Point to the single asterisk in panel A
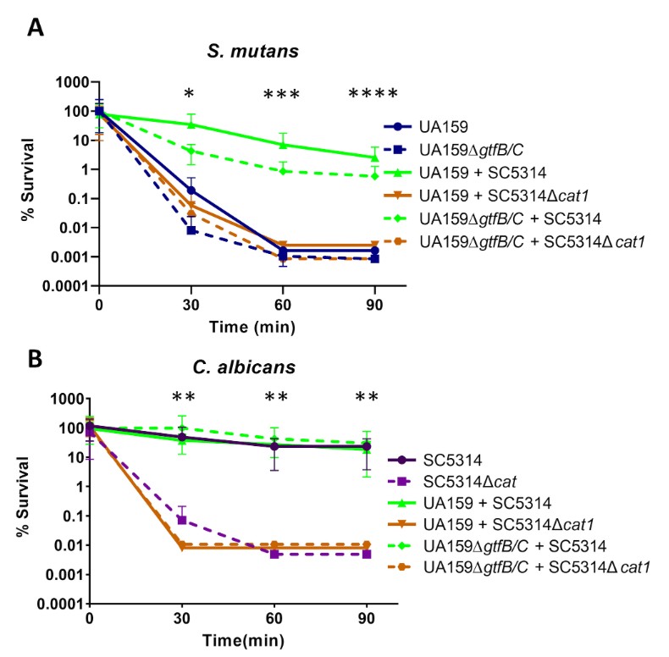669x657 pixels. point(191,93)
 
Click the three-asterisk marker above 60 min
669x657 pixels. point(282,93)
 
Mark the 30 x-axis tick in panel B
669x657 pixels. point(182,617)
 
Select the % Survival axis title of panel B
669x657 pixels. point(30,501)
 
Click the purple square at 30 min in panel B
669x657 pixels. point(182,519)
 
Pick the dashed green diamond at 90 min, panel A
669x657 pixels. point(374,176)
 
